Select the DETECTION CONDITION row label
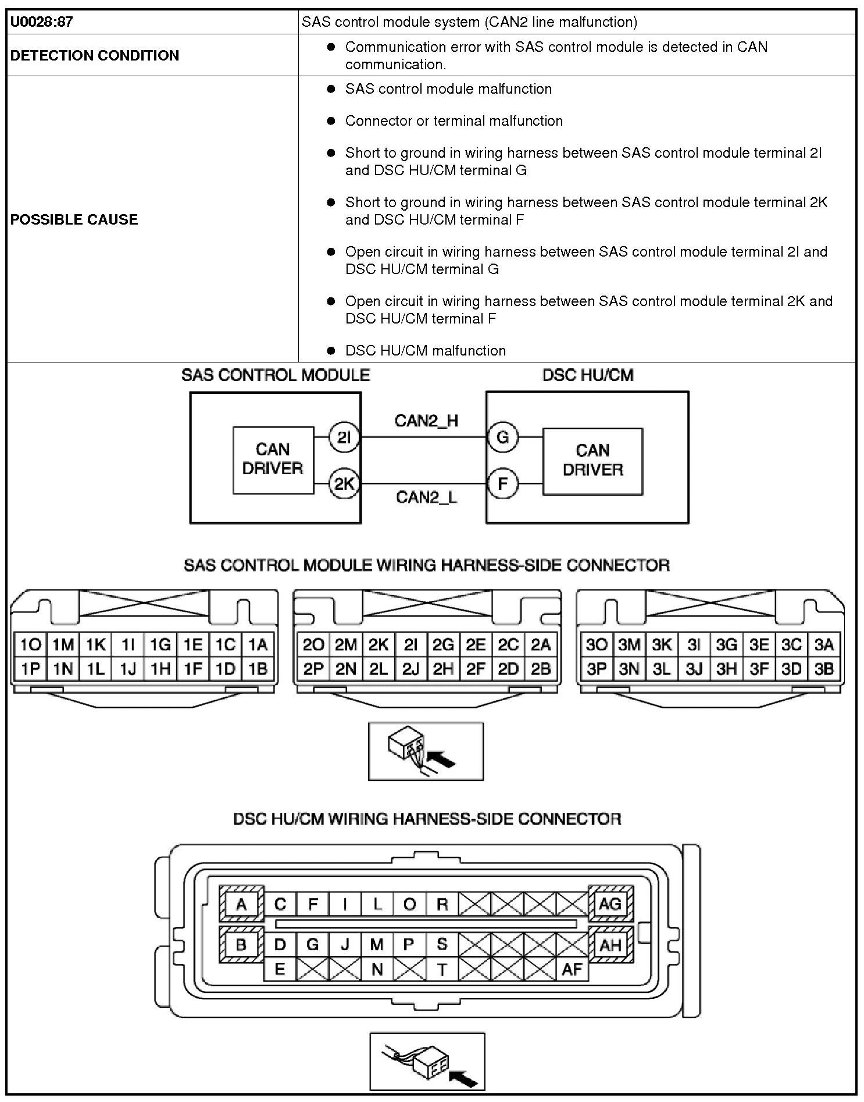tap(95, 55)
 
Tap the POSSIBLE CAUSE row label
tap(74, 219)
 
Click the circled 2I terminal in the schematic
tap(344, 437)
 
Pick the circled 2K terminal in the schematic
tap(344, 484)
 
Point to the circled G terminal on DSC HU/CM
tap(502, 437)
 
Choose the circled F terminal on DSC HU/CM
tap(502, 484)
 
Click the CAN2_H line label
tap(426, 421)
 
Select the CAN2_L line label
tap(426, 497)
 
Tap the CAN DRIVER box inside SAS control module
tap(273, 460)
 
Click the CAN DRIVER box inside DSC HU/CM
tap(592, 460)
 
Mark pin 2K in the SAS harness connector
tap(379, 645)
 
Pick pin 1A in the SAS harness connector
tap(258, 645)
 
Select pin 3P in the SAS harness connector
tap(597, 669)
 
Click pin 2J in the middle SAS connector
tap(410, 669)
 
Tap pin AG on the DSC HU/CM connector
tap(610, 904)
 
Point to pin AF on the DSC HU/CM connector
tap(572, 969)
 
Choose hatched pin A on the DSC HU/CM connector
tap(241, 905)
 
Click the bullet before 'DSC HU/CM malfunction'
tap(331, 350)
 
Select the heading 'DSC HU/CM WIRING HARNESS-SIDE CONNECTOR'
tap(427, 819)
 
